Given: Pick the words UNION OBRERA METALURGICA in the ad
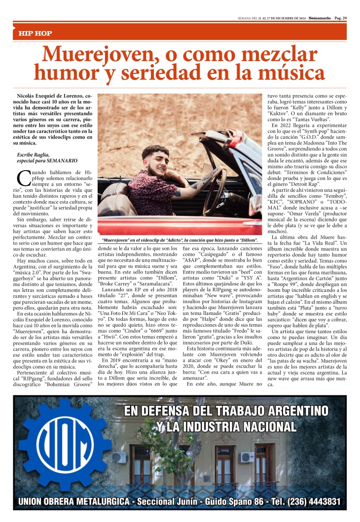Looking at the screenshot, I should point(74,502).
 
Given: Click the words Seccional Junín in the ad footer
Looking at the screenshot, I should point(166,502).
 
